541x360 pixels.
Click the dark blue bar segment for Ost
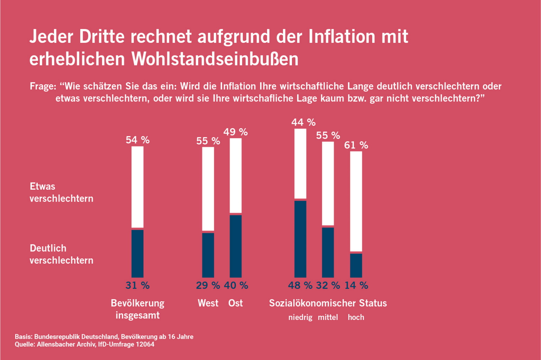(235, 246)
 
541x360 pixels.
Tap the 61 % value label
(356, 145)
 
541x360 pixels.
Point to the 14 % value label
(356, 285)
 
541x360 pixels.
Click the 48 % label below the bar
(300, 285)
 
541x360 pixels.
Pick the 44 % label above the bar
(303, 122)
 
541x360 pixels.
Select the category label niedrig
(300, 317)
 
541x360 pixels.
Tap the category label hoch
(356, 317)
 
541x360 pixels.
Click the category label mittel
(328, 317)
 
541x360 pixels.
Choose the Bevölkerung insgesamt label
(137, 309)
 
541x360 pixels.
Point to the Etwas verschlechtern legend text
(61, 192)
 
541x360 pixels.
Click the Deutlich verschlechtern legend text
(61, 254)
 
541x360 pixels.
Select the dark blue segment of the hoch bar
(356, 265)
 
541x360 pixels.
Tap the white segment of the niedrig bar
(300, 163)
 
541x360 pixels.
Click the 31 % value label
(137, 285)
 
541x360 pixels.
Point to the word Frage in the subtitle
(43, 86)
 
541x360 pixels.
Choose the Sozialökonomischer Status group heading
(328, 303)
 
